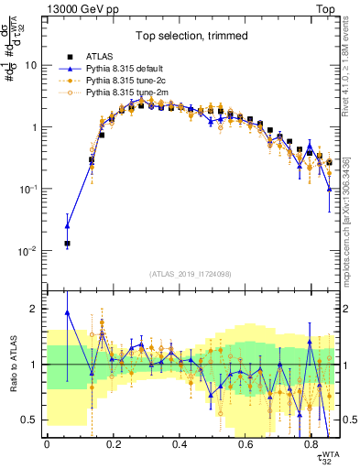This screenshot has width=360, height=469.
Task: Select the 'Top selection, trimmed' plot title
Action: tap(192, 37)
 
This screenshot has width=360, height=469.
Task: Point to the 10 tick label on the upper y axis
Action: tap(31, 66)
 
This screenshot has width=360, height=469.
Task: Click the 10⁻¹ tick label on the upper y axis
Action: tap(27, 189)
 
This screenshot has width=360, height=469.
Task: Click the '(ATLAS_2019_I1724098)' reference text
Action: tap(192, 273)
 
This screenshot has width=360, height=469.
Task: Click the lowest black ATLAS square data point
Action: tap(67, 244)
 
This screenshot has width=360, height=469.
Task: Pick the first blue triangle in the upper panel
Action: tap(67, 225)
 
